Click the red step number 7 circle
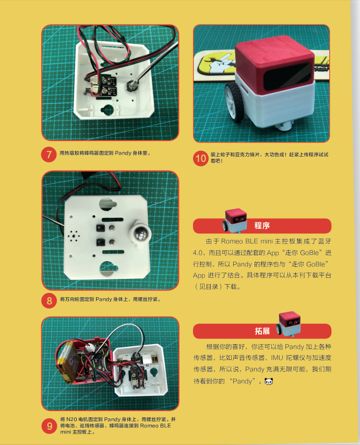(x=49, y=155)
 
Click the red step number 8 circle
(x=49, y=300)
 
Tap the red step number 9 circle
(x=50, y=426)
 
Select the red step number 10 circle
(x=201, y=158)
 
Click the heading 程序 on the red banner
(x=262, y=226)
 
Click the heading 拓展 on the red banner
(x=262, y=331)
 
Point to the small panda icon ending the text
(x=269, y=381)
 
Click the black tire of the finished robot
(x=235, y=102)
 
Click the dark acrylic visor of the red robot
(x=287, y=76)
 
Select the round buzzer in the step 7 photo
(x=131, y=85)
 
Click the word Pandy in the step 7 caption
(x=123, y=153)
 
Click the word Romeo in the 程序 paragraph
(x=232, y=241)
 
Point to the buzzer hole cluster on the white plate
(x=74, y=236)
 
